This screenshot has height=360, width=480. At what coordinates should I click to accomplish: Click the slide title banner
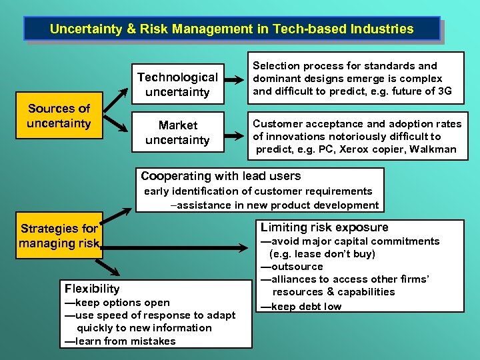tap(231, 29)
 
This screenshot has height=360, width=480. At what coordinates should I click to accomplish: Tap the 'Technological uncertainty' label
tap(177, 85)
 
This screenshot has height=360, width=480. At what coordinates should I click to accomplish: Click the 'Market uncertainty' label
tap(177, 133)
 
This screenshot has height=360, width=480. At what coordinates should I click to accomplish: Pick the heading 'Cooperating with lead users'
tap(221, 176)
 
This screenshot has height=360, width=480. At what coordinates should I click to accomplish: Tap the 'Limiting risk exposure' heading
tap(324, 227)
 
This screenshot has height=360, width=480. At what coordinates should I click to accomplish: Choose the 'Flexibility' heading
tap(92, 289)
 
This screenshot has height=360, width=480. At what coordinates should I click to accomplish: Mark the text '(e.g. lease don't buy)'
tap(322, 254)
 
